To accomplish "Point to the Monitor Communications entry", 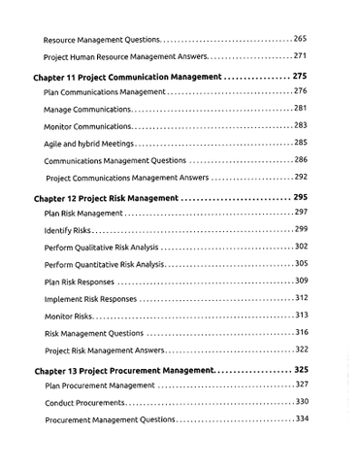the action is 87,126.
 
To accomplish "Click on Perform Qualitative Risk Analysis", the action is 101,247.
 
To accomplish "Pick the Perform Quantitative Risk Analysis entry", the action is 104,264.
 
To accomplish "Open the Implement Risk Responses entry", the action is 90,298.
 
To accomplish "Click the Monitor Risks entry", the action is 69,316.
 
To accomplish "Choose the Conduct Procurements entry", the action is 84,402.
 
